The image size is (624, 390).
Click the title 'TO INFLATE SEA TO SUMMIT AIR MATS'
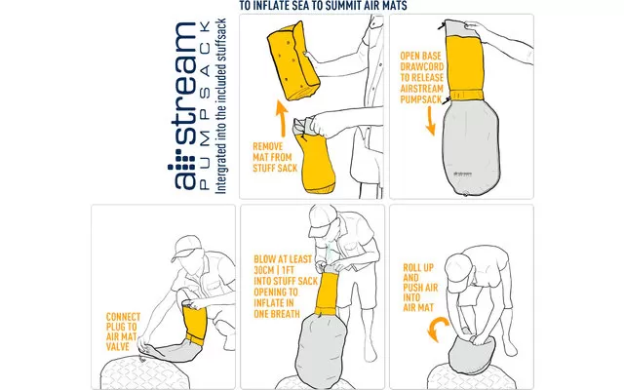[x=323, y=6]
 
